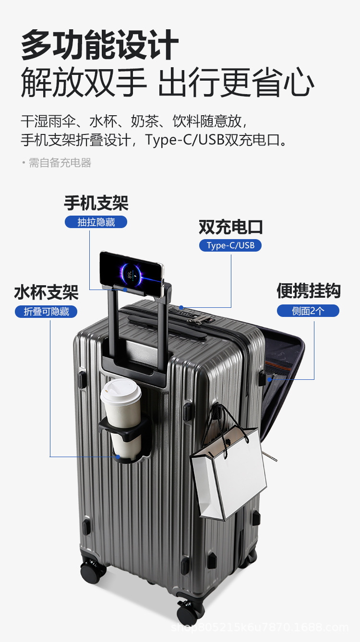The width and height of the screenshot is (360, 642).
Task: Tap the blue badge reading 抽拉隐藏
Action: tap(96, 222)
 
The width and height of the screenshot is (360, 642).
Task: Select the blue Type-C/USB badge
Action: tap(230, 245)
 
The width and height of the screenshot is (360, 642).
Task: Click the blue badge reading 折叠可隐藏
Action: tap(46, 311)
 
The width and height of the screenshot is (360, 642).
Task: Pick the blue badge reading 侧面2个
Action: tap(308, 311)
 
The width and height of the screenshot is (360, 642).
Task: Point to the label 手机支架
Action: tap(96, 203)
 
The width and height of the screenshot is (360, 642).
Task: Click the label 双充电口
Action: tap(230, 227)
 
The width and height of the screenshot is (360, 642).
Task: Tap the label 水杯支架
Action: tap(46, 292)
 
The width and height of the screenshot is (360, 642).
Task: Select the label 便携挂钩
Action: tap(308, 291)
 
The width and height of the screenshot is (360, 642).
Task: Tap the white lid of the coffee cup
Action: tap(120, 390)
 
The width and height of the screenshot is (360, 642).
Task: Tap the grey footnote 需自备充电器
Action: tap(60, 163)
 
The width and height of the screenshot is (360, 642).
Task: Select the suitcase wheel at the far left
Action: tap(92, 570)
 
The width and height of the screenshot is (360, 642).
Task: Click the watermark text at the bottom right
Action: tap(259, 627)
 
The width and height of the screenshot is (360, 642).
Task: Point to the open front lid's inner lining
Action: tap(283, 365)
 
